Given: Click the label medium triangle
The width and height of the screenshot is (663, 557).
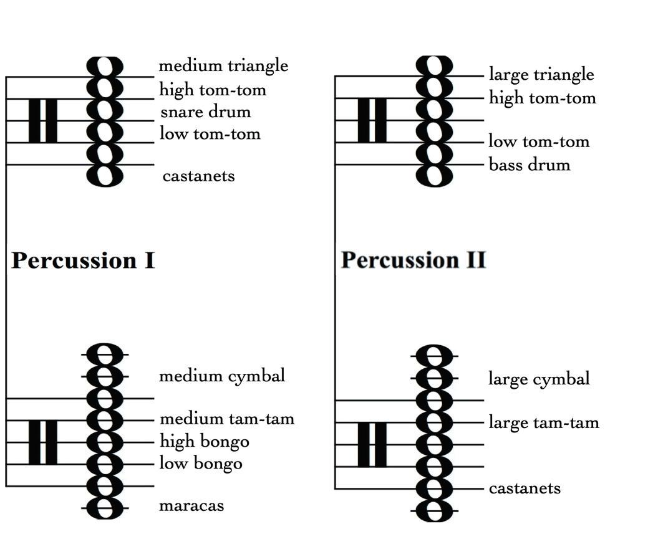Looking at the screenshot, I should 223,65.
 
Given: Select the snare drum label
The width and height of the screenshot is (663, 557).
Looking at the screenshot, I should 205,112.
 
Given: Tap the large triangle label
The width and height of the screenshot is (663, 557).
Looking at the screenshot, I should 541,75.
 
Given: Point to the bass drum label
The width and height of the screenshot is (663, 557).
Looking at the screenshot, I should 530,165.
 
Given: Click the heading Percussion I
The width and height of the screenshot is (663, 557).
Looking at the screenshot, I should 83,260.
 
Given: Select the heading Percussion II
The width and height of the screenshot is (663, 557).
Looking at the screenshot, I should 413,260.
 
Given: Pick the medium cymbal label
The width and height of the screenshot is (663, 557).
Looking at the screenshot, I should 221,376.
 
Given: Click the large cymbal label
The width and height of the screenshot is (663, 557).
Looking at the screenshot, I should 539,379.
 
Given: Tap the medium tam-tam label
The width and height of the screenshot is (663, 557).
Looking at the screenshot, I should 227,419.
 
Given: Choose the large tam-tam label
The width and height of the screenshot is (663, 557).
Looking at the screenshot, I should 544,422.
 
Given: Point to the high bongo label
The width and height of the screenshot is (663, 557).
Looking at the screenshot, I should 205,442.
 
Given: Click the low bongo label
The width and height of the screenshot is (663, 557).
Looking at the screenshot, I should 201,464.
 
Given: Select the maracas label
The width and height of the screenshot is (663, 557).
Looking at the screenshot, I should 191,505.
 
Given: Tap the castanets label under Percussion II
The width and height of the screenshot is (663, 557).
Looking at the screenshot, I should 525,488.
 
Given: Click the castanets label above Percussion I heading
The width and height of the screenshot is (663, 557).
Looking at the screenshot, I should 198,176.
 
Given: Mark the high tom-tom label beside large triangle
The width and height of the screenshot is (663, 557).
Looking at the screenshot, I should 542,98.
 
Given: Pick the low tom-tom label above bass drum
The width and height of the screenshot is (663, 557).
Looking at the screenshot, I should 539,141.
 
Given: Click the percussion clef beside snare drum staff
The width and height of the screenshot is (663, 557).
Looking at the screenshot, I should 43,120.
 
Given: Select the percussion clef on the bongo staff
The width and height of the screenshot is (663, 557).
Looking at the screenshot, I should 43,442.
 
